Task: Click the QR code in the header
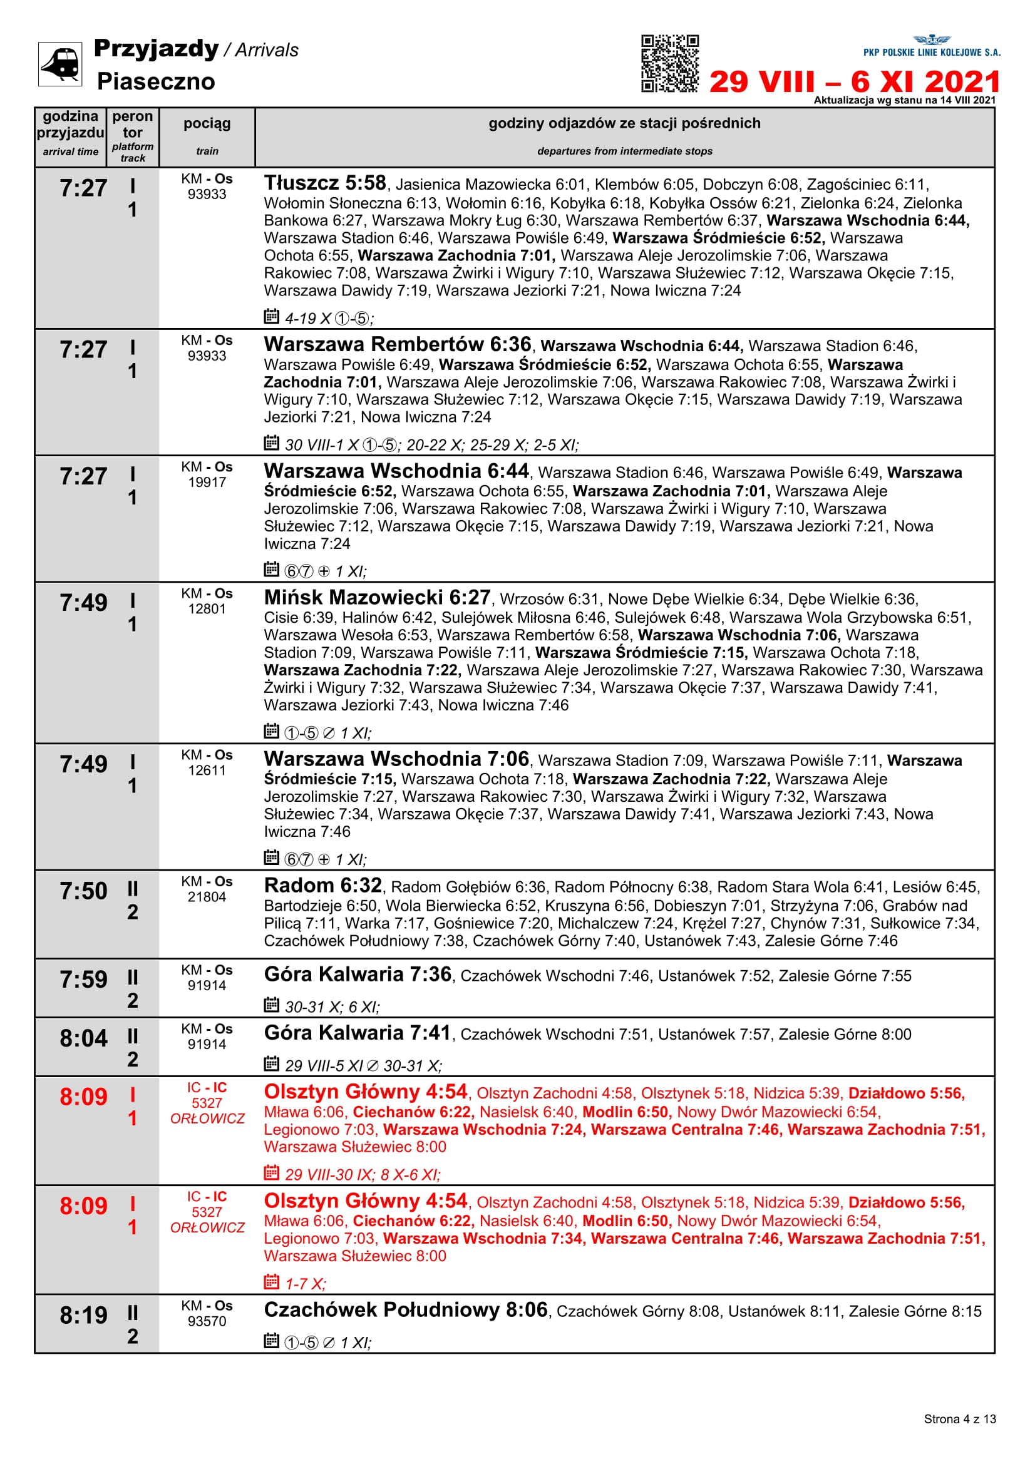(x=669, y=64)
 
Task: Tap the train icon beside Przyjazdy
(x=60, y=64)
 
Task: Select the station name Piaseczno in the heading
(x=156, y=81)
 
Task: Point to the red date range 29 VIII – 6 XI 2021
(x=854, y=81)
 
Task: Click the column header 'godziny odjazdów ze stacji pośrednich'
(x=624, y=123)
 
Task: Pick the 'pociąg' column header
(x=207, y=124)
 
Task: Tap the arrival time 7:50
(x=83, y=891)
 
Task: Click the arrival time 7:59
(x=83, y=980)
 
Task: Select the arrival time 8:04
(x=83, y=1038)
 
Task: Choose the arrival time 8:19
(x=83, y=1315)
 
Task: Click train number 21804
(x=207, y=897)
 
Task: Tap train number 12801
(x=207, y=609)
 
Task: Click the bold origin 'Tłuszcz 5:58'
(x=325, y=183)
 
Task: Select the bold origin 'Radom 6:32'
(x=322, y=886)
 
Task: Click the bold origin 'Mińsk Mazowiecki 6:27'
(x=377, y=598)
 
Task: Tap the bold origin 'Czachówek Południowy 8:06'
(x=406, y=1309)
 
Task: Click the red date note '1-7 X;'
(x=305, y=1284)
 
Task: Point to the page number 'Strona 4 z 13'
(x=959, y=1419)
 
